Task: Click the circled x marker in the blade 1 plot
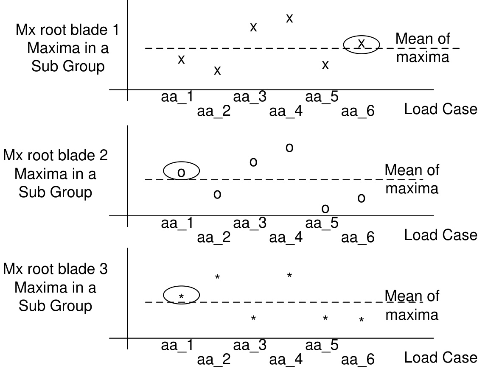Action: coord(362,43)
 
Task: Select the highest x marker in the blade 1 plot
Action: coord(289,18)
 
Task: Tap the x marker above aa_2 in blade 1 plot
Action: coord(217,70)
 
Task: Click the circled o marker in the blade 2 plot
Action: coord(181,172)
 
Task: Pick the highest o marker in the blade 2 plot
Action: coord(289,148)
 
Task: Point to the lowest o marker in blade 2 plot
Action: coord(325,208)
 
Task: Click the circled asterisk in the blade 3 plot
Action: coord(181,296)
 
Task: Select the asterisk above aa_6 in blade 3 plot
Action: coord(362,320)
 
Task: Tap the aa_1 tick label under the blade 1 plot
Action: coord(177,97)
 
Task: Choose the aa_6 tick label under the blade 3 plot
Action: coord(358,360)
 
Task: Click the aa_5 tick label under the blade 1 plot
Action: coord(322,97)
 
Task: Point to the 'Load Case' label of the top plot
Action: coord(440,109)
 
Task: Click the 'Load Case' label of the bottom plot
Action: coord(440,358)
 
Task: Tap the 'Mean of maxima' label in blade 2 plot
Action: coord(412,179)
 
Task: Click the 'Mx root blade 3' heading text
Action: coord(55,269)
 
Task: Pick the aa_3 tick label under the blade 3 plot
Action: coord(250,346)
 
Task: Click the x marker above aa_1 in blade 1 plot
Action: coord(181,59)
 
